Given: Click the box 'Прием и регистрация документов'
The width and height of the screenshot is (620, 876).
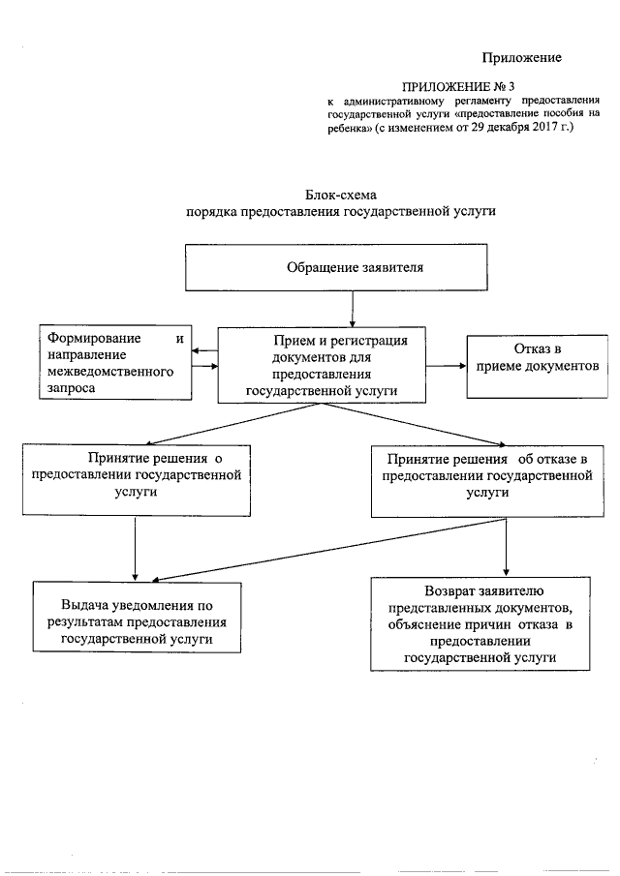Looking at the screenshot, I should click(322, 365).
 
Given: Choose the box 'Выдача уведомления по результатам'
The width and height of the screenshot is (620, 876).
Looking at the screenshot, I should click(137, 618).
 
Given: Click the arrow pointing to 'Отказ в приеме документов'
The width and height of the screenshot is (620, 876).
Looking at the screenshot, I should click(447, 366).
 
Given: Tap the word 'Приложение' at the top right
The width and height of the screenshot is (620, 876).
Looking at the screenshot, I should click(523, 57).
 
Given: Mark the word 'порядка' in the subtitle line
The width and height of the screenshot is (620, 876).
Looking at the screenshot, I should click(212, 211).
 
